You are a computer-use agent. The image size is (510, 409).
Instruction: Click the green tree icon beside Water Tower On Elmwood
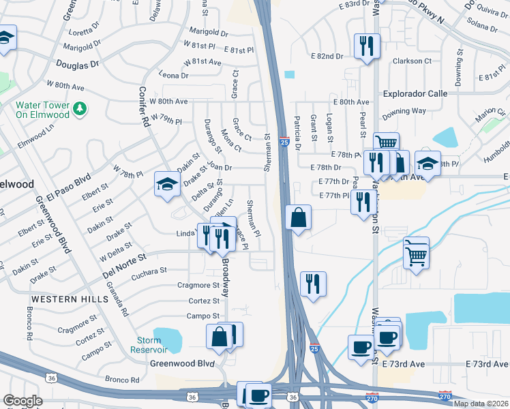80,108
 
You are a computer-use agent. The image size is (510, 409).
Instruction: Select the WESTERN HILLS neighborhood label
61,299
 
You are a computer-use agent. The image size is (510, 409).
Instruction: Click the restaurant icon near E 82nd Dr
366,46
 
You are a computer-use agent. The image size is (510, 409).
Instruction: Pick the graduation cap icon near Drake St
166,183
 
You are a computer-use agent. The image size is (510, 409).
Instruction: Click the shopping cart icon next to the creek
415,254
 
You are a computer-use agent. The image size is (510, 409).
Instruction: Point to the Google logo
22,401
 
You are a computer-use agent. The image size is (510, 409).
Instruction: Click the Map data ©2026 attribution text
481,404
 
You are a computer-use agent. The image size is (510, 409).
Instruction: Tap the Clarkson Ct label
412,61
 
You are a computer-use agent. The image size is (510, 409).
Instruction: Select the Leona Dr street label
173,74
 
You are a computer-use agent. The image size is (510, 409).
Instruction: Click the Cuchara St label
148,271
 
